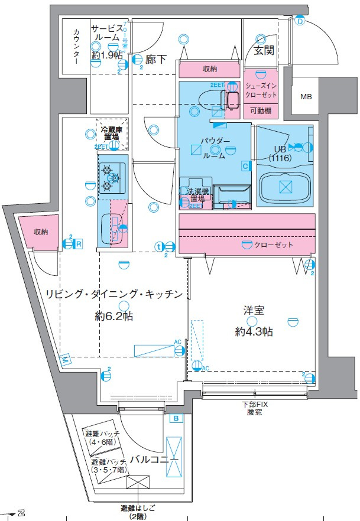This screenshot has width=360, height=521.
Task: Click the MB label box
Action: coord(306,97)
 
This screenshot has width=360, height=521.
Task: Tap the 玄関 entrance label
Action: coord(263,51)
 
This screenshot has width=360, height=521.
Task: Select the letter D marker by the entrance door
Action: coord(300,22)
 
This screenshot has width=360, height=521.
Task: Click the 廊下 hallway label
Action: coord(156,59)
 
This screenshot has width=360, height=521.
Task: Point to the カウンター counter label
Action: coord(76,47)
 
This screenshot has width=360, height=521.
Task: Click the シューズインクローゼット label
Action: coord(261,90)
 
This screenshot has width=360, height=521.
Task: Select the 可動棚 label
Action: coord(261,110)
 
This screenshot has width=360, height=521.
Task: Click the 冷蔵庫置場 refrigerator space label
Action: coord(110,133)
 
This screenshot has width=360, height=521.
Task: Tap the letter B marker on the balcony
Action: coord(176,419)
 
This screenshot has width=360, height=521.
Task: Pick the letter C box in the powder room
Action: coord(245,167)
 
